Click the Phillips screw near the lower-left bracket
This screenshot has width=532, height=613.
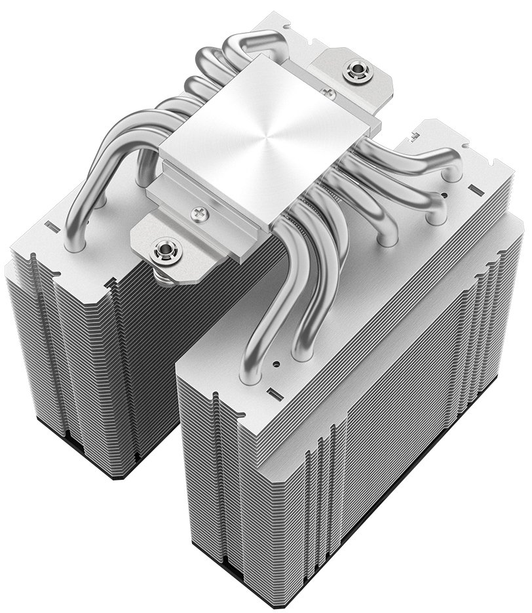point(199,212)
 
